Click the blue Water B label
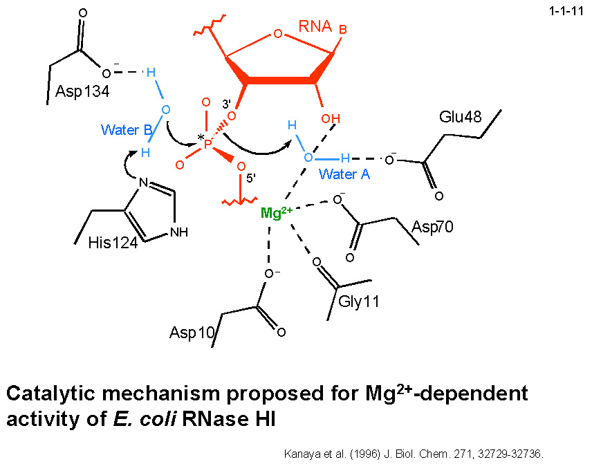127,129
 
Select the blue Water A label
344,174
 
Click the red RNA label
315,27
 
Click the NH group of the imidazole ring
178,232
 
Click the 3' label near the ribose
225,105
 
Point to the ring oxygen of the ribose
277,33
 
